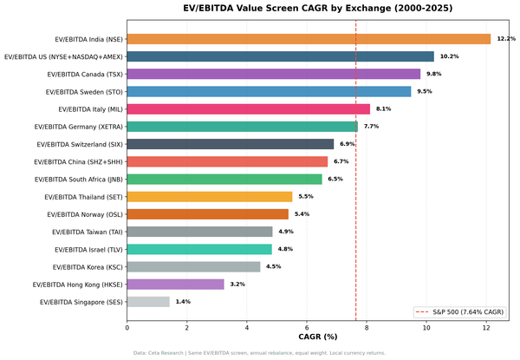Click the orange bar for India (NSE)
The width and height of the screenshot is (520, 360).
click(309, 39)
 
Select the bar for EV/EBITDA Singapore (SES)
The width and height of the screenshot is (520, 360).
click(148, 302)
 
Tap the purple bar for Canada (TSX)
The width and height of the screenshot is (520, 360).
click(273, 74)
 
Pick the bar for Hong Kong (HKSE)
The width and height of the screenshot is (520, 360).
click(175, 284)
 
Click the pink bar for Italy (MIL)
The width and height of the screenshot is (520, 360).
click(248, 109)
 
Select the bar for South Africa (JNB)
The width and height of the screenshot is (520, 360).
click(224, 179)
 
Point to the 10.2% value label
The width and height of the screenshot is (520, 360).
click(449, 56)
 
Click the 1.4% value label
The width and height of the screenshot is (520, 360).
click(183, 302)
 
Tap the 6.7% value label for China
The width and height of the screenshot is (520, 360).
click(341, 161)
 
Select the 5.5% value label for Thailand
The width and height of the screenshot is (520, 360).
click(305, 197)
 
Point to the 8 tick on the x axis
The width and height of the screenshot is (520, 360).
click(367, 328)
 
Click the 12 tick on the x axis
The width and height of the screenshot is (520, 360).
click(486, 328)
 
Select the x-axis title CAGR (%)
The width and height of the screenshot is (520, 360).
click(317, 337)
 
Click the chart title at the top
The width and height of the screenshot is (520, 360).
click(317, 9)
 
